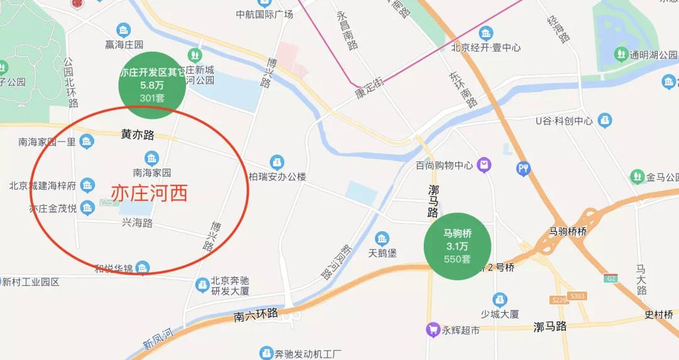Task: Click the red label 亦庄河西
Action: click(x=150, y=193)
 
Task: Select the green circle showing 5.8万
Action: click(x=152, y=84)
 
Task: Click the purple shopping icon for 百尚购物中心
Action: click(x=484, y=165)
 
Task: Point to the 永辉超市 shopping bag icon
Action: click(x=433, y=329)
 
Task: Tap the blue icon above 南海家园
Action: click(x=152, y=156)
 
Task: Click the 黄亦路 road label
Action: click(x=138, y=134)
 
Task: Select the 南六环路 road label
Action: click(x=255, y=315)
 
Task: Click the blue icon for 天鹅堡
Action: click(x=382, y=239)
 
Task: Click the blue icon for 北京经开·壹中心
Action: click(x=485, y=33)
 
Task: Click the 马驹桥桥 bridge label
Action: click(x=567, y=231)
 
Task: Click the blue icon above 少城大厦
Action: click(x=500, y=299)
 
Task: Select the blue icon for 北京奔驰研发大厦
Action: click(x=202, y=285)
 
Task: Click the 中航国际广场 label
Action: click(x=264, y=14)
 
